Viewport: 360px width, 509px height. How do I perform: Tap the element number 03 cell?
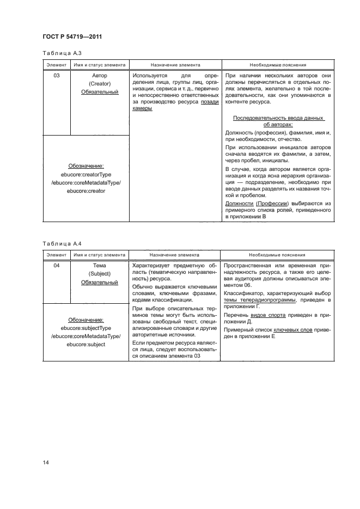(57, 76)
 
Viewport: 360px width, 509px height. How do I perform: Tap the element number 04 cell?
(57, 265)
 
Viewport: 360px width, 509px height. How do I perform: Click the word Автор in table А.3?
(100, 76)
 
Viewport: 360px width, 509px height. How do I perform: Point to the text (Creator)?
(100, 84)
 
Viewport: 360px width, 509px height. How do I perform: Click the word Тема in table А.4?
(100, 265)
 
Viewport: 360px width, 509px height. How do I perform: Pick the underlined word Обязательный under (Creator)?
(100, 93)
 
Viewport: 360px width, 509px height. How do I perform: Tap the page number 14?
(46, 463)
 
